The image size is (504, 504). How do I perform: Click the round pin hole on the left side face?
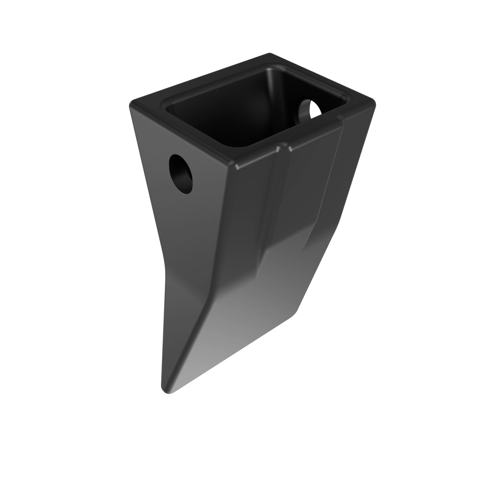(x=181, y=174)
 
